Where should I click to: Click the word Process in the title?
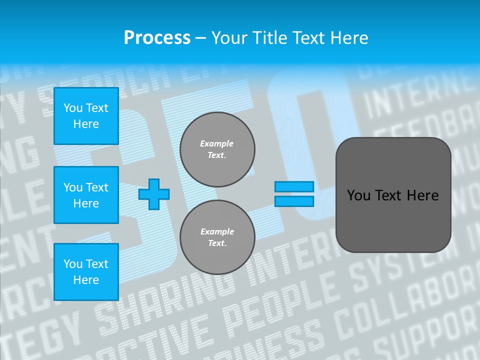(157, 37)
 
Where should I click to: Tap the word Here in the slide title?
(348, 37)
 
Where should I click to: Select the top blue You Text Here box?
(86, 116)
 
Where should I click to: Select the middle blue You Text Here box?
(86, 195)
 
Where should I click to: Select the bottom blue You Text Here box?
(86, 271)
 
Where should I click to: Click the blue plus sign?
(154, 194)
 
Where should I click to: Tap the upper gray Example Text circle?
(217, 149)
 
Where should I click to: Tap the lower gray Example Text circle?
(217, 237)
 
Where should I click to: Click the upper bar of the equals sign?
(294, 186)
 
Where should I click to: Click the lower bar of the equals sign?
(294, 201)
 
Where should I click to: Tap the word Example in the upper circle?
(217, 143)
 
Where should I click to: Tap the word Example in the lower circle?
(217, 231)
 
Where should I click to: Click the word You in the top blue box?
(73, 108)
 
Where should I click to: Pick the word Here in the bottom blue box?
(86, 280)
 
